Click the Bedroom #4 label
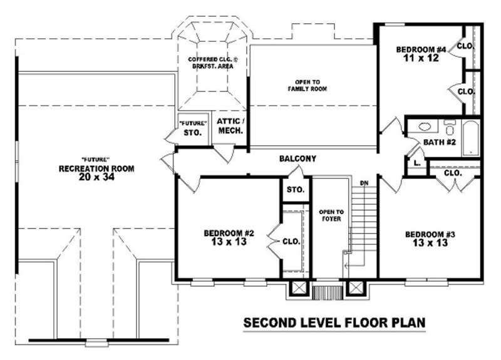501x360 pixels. pos(420,49)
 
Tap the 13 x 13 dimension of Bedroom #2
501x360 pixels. pos(228,242)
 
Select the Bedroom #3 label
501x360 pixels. pos(430,234)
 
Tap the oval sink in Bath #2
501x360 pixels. pos(425,126)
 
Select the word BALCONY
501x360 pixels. pos(297,159)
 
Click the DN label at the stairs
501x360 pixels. pos(364,183)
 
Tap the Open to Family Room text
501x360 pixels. pos(311,86)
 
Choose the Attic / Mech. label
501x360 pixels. pos(230,126)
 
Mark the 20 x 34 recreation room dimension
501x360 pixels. pos(96,177)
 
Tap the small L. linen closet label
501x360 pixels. pos(416,164)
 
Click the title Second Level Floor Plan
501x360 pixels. pos(334,323)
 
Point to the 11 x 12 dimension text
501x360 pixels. pos(420,58)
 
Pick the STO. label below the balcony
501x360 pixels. pos(295,190)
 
